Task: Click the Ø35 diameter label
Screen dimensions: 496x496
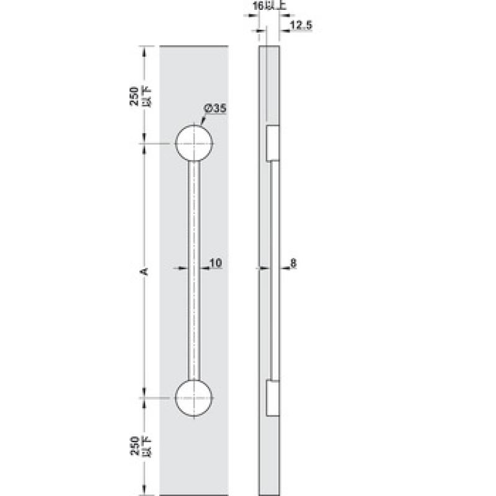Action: coord(215,108)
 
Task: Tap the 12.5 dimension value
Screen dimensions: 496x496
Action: coord(301,25)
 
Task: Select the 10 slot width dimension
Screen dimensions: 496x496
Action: coord(216,263)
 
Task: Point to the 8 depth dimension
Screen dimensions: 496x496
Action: coord(293,263)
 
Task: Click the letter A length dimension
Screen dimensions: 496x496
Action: coord(144,272)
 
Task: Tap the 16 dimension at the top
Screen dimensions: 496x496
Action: coord(258,6)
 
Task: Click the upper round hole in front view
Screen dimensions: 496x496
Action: coord(194,143)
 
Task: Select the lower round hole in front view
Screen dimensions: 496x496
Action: coord(194,397)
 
